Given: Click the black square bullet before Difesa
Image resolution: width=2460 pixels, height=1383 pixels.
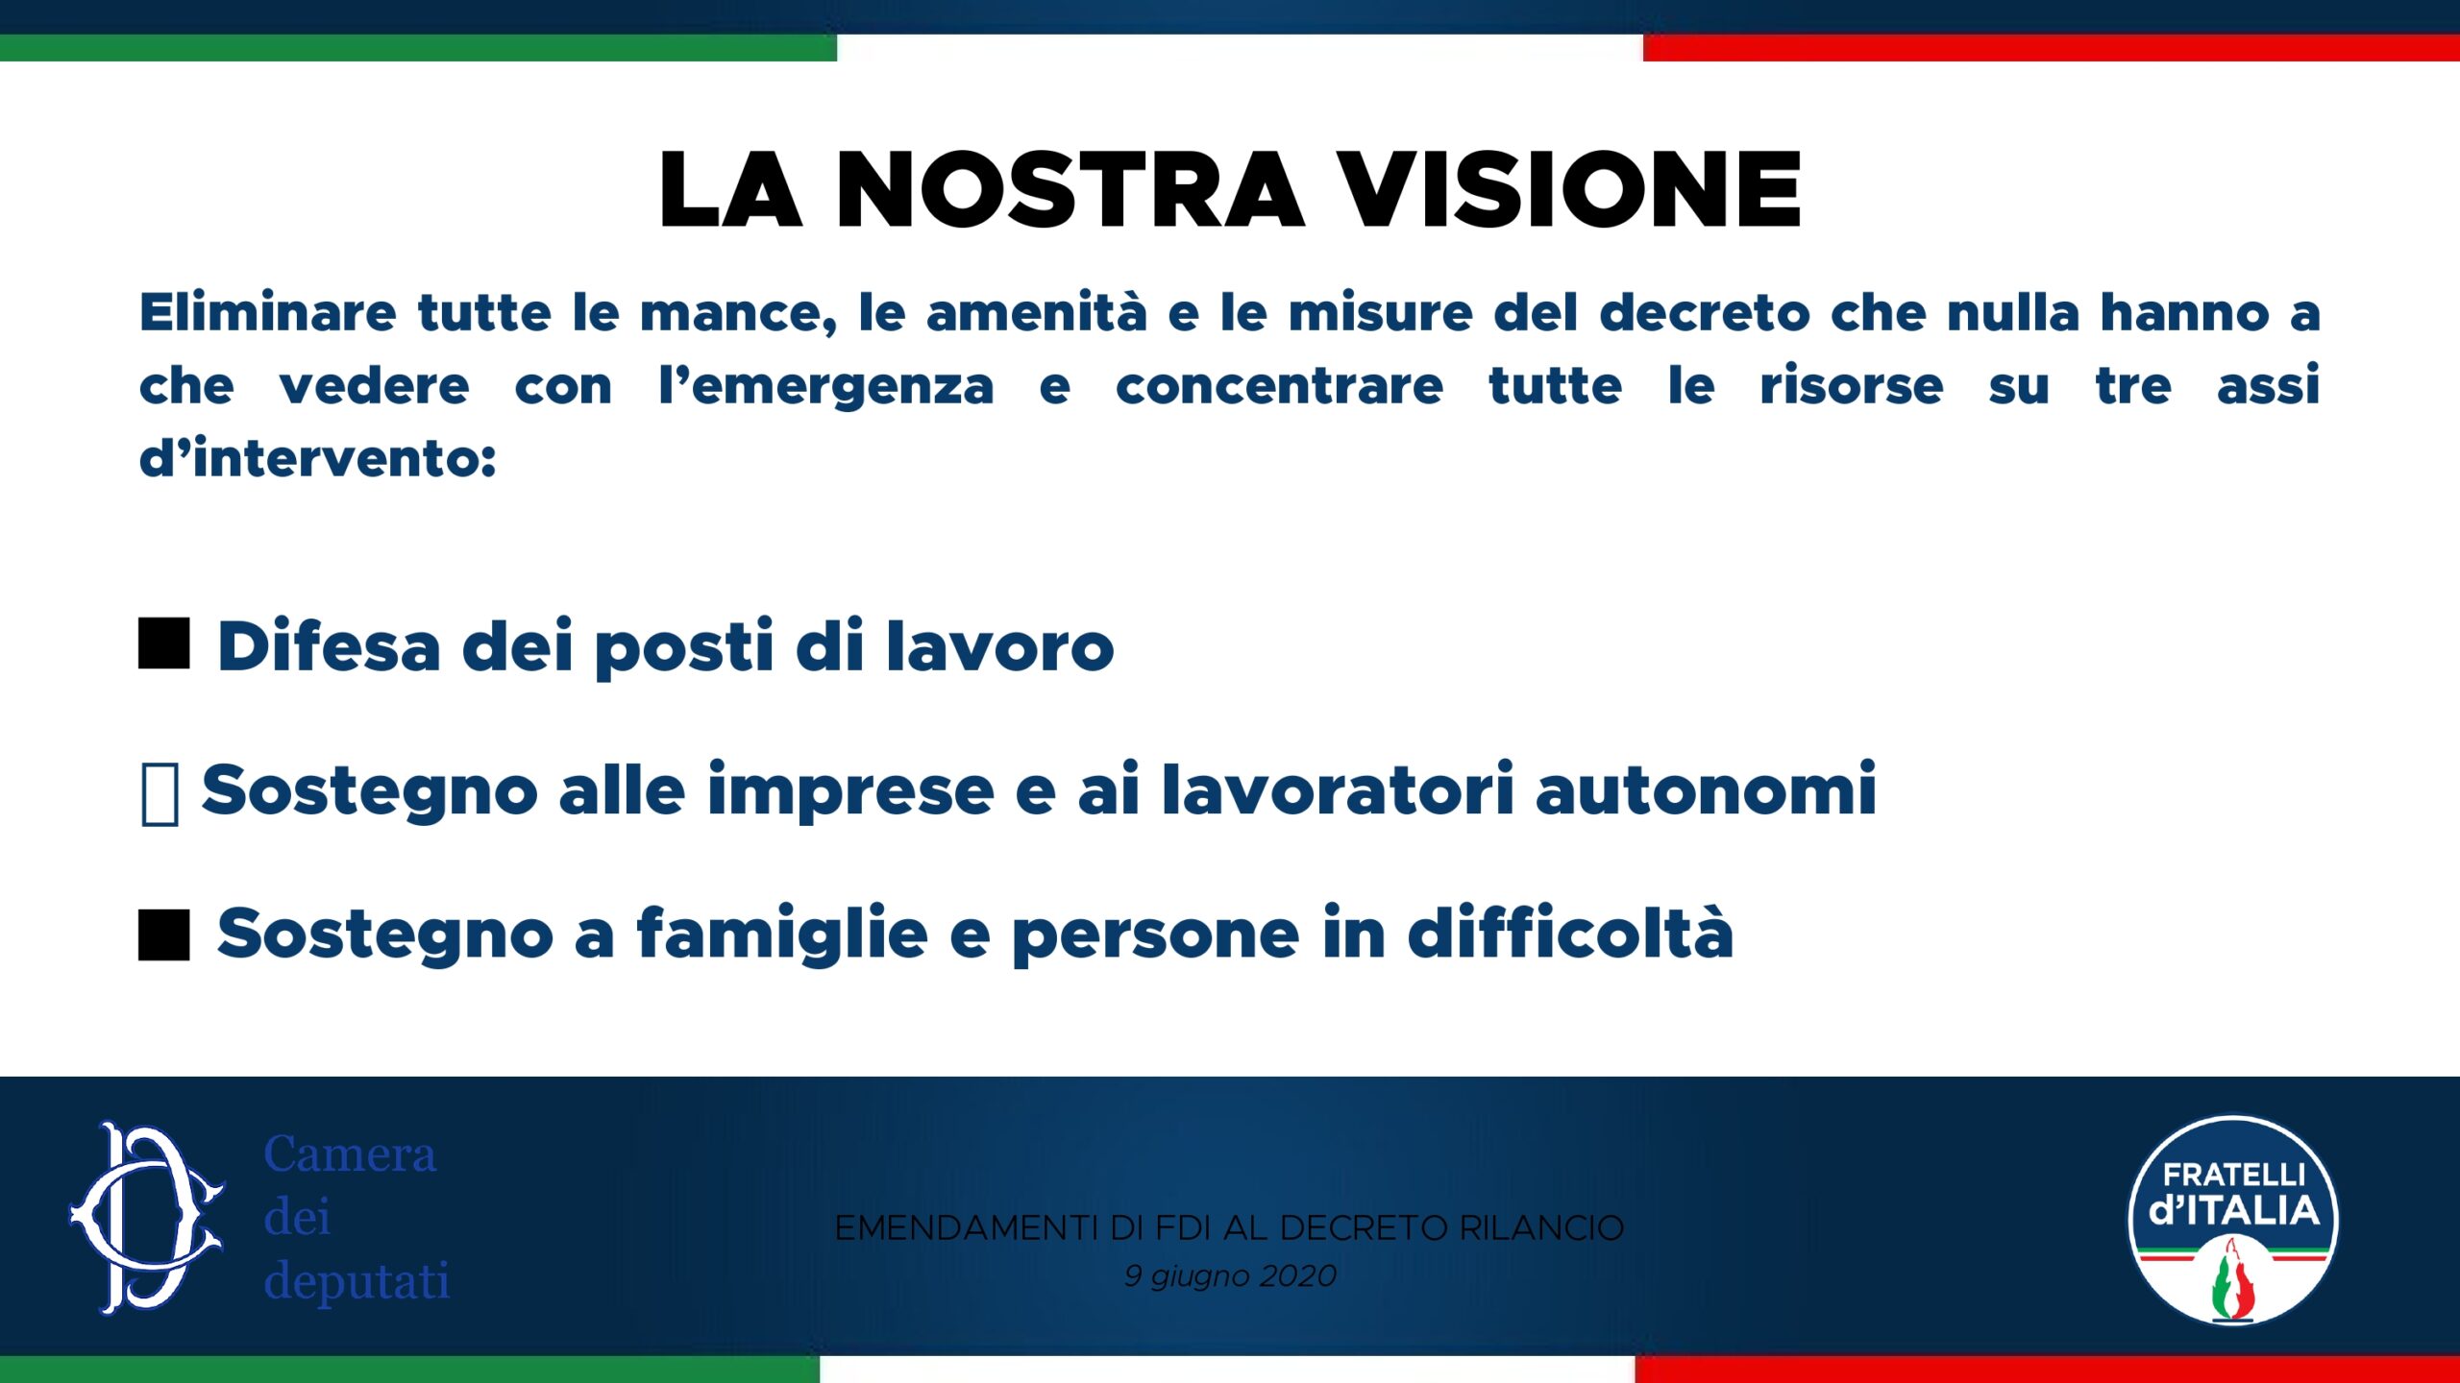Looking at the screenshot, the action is tap(164, 643).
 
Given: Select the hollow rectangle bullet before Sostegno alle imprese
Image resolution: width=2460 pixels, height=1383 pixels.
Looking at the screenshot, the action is tap(160, 794).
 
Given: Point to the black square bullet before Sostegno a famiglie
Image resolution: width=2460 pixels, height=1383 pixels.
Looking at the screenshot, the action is tap(164, 934).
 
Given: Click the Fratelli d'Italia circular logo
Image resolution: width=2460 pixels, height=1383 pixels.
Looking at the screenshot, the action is tap(2234, 1221).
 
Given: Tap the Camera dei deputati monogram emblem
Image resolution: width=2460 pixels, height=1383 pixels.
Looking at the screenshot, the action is tap(147, 1218).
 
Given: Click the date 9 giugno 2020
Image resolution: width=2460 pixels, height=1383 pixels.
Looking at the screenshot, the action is tap(1230, 1276).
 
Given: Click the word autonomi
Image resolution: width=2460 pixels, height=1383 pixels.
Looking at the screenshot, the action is tap(1706, 789).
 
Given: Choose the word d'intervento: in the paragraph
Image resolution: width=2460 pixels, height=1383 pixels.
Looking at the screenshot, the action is tap(318, 457).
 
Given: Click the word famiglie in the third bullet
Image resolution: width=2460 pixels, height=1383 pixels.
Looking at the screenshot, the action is tap(782, 934).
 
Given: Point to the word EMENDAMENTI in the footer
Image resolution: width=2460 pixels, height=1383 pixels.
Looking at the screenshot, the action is tap(966, 1228).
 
